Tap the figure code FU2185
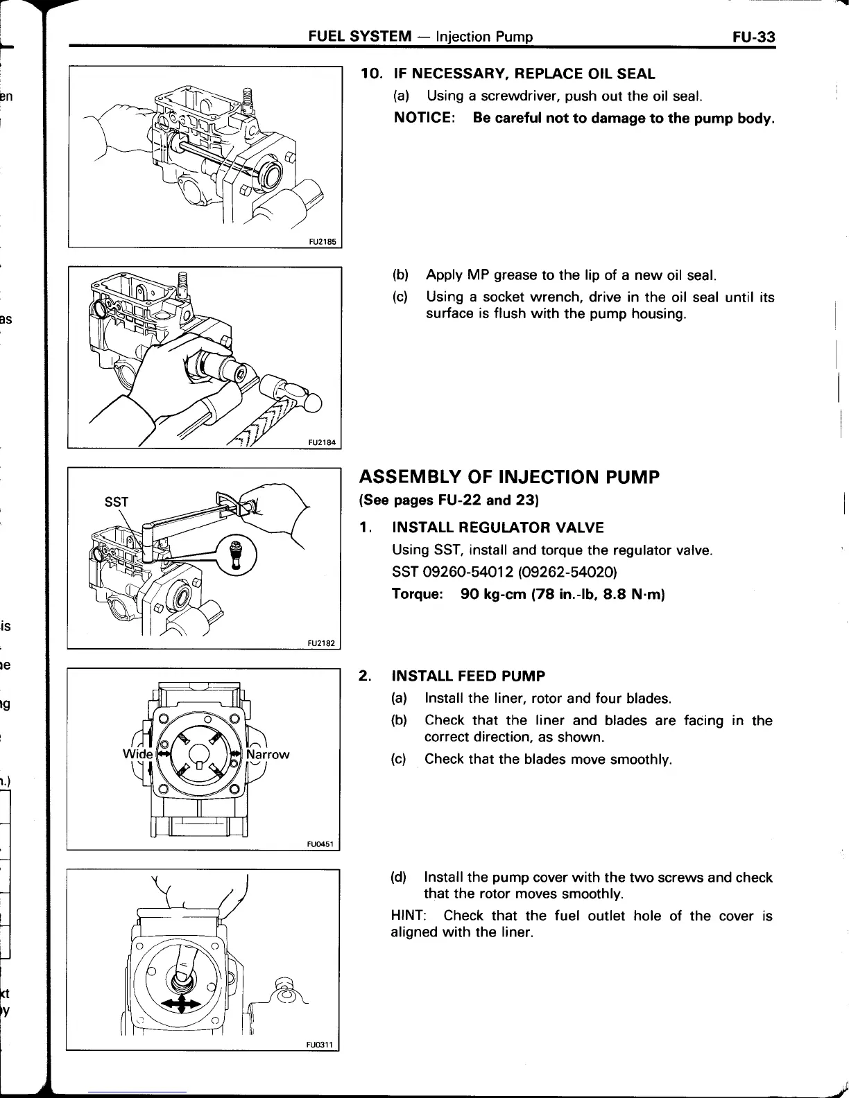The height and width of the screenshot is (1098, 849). [323, 242]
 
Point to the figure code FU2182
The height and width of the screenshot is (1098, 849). [322, 643]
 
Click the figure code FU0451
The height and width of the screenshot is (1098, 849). [321, 844]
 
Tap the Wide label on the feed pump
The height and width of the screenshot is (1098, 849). [134, 753]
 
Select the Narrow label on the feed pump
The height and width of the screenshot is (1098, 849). [268, 754]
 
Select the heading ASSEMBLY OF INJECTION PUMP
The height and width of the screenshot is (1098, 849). [508, 478]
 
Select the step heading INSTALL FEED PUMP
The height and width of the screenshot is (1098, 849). [468, 676]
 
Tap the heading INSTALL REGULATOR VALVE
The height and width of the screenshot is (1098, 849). [497, 528]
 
